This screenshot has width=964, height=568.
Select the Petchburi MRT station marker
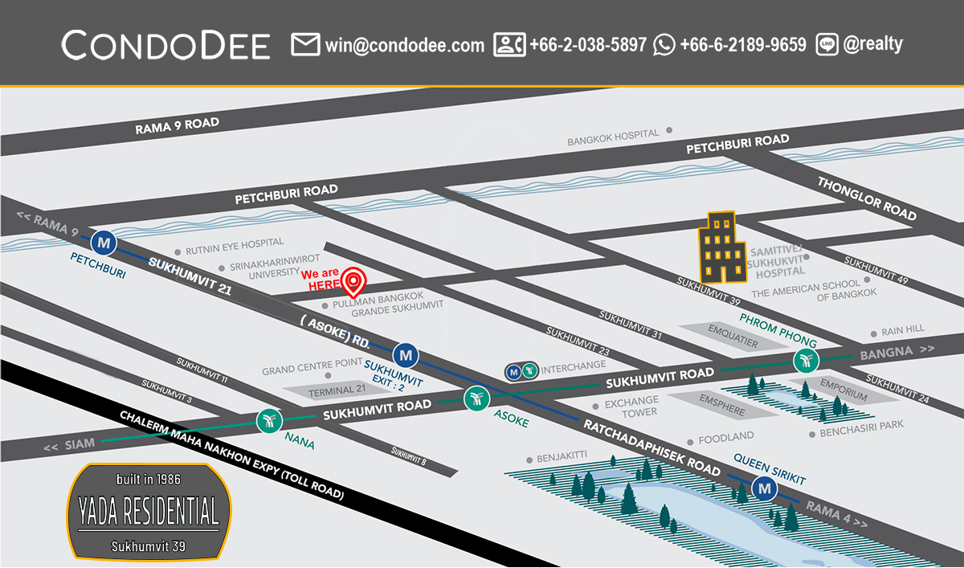point(104,241)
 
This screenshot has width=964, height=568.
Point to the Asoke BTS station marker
point(476,397)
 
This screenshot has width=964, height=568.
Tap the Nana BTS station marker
point(268,420)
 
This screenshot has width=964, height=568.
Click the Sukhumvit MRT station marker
point(406,354)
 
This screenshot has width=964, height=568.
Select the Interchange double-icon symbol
point(521,371)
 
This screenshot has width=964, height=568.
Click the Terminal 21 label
point(332,390)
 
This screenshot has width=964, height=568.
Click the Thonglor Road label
point(867,198)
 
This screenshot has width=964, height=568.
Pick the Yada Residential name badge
point(149,511)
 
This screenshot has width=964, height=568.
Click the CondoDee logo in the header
point(165,45)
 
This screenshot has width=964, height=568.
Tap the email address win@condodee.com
point(404,45)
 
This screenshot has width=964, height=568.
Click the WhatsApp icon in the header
point(664,45)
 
